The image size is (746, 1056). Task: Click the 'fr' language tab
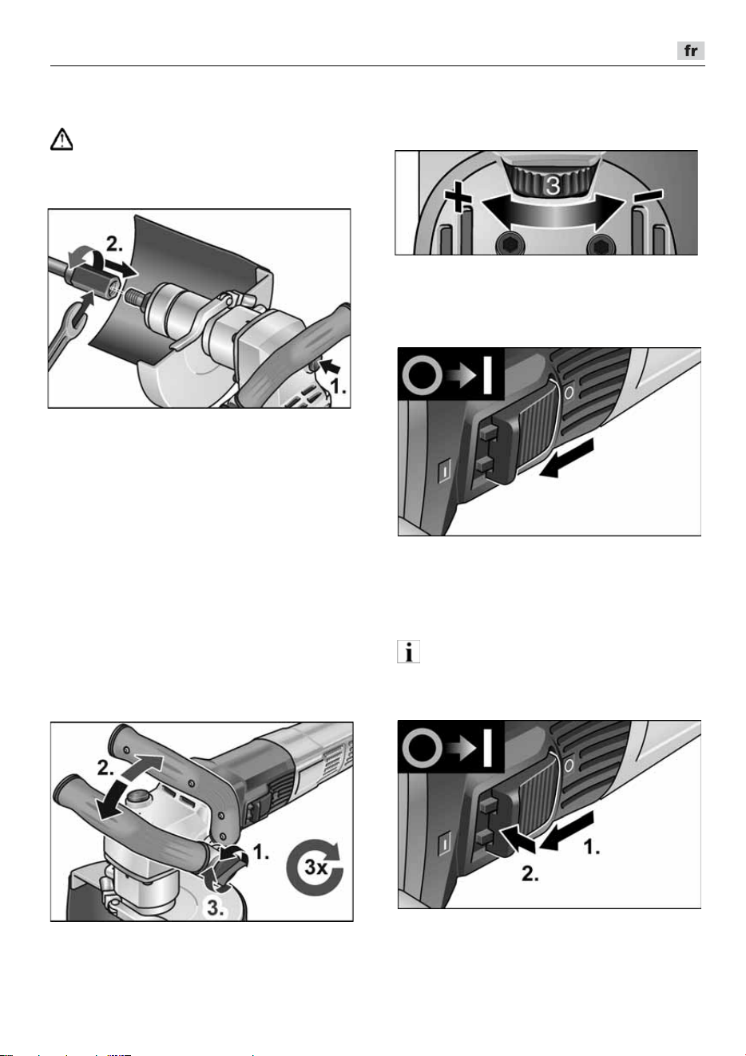pyautogui.click(x=690, y=50)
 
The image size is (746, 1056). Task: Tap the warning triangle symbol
pyautogui.click(x=62, y=139)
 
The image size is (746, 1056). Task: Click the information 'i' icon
pyautogui.click(x=408, y=651)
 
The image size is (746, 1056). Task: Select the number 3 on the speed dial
pyautogui.click(x=553, y=185)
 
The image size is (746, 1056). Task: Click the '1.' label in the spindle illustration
pyautogui.click(x=337, y=386)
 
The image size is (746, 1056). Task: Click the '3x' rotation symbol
pyautogui.click(x=315, y=867)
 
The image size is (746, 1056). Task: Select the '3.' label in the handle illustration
pyautogui.click(x=215, y=908)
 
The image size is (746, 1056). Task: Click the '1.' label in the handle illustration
pyautogui.click(x=261, y=851)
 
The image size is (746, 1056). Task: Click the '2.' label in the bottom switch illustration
pyautogui.click(x=530, y=874)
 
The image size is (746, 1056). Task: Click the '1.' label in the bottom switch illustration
pyautogui.click(x=592, y=847)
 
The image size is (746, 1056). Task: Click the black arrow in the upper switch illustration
pyautogui.click(x=566, y=457)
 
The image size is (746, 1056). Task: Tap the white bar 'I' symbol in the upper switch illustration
pyautogui.click(x=488, y=375)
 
